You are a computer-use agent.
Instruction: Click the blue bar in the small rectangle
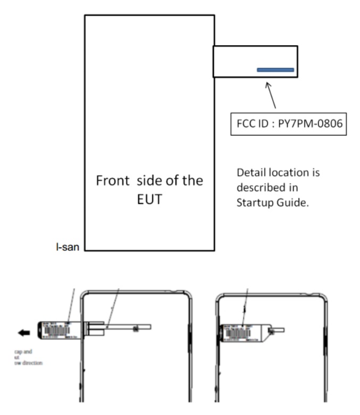[x=275, y=69]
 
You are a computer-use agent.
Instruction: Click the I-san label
[x=69, y=248]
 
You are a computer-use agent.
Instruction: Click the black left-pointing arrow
[x=24, y=333]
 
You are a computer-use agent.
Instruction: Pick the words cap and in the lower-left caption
[x=23, y=352]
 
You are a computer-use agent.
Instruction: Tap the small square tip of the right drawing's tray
[x=273, y=330]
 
